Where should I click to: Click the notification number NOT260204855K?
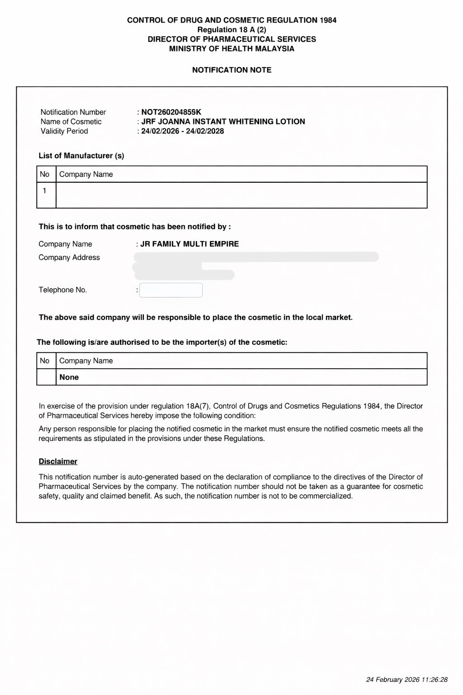[171, 112]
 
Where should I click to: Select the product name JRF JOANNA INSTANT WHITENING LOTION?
[223, 122]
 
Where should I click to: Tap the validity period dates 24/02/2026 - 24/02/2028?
[182, 131]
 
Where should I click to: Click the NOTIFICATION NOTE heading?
[231, 70]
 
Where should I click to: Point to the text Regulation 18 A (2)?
[231, 30]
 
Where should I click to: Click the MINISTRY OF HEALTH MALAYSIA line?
[231, 49]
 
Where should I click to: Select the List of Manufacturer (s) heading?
[81, 156]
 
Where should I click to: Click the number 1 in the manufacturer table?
[44, 191]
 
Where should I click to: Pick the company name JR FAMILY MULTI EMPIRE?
[189, 244]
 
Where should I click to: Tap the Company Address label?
[69, 257]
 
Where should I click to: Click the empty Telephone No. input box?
[171, 290]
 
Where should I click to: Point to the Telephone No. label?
[63, 290]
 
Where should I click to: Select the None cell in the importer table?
[69, 377]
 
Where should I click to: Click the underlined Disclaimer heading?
[58, 462]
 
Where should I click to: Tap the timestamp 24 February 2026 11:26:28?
[406, 680]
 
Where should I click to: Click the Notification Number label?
[73, 112]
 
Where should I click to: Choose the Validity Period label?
[64, 131]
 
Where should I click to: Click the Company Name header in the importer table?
[86, 361]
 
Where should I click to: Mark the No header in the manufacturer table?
[45, 174]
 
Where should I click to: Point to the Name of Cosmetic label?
[71, 122]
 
